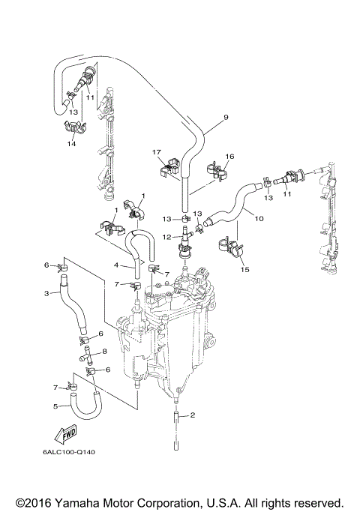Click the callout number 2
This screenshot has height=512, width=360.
192,415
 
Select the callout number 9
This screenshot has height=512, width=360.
225,118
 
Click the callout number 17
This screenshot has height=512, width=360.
157,152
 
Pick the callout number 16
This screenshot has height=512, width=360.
229,156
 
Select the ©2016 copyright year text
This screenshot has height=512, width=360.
31,502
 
